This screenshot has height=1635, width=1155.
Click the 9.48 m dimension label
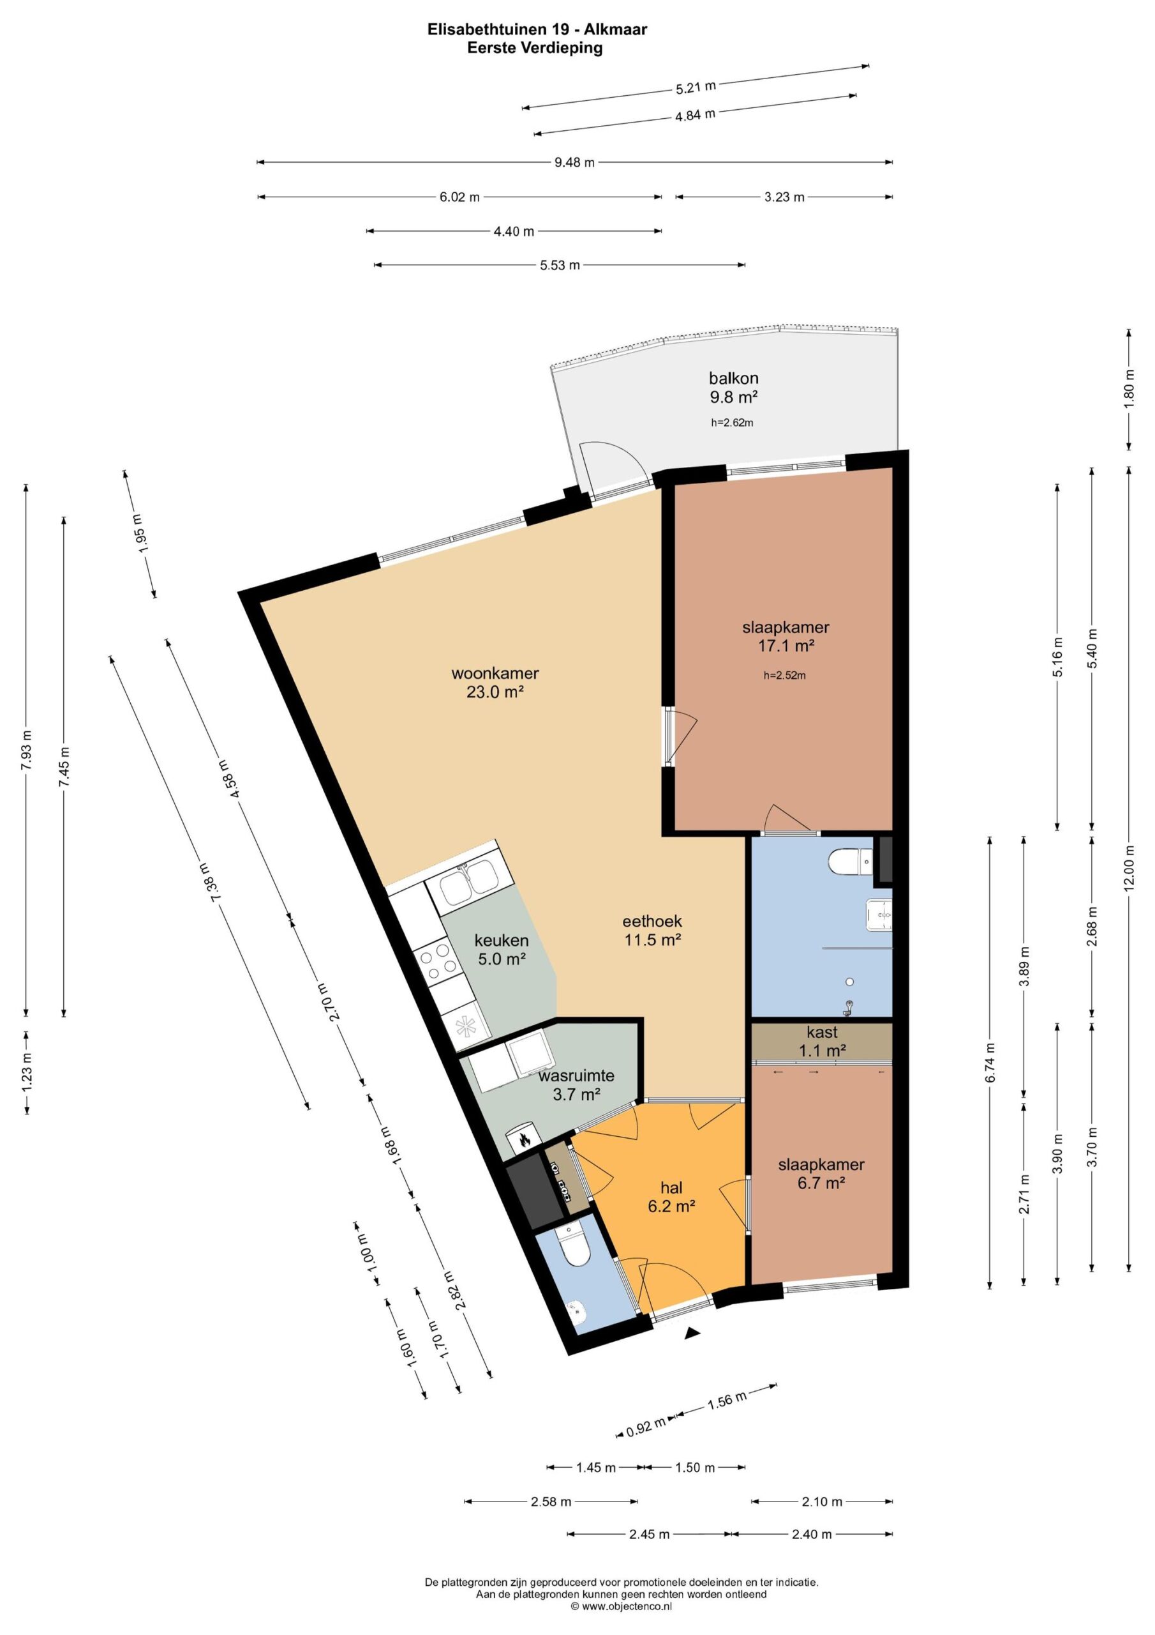574,162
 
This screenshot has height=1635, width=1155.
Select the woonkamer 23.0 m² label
495,682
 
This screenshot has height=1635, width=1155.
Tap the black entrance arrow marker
692,1334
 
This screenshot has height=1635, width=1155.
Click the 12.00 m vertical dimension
1129,868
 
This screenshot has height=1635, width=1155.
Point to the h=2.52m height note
785,676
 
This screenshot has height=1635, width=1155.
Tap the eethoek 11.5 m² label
653,930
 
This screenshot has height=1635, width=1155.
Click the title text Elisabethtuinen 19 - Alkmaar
537,30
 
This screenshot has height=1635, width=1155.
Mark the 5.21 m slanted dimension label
696,87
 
